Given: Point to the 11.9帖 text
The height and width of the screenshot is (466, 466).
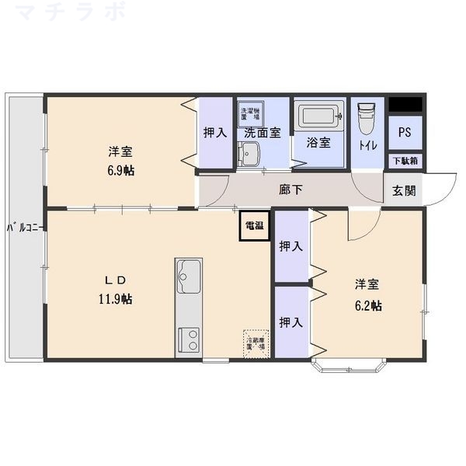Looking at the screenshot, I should coord(116,298).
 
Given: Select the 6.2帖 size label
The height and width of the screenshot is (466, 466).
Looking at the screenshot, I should coord(367,306).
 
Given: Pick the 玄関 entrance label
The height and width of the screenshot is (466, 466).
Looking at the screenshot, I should coord(403,190).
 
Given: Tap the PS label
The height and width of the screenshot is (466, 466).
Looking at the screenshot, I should coord(405,132).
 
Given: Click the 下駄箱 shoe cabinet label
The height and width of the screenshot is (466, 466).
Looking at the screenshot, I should coord(405,162).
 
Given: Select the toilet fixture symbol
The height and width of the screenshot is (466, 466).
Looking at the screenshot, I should coord(367,119).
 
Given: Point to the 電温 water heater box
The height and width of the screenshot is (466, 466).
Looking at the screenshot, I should coord(254,226).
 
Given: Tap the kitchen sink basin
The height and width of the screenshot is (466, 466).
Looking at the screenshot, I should coord(189,273).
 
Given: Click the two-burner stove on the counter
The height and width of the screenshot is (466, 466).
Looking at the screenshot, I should coord(189,339).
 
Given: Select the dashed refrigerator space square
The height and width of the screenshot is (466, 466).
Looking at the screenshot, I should coord(256,342).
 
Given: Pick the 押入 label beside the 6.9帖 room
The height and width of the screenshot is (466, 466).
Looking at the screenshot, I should coord(215,133).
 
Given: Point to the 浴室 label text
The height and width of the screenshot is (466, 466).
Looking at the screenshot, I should coord(318,143).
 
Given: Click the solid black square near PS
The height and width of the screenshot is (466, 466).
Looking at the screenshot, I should coord(405,103).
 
